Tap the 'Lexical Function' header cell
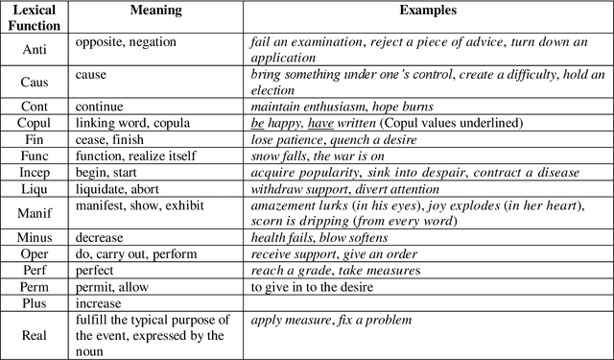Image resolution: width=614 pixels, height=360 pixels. point(34,17)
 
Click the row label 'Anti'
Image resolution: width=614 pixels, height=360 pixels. point(34,50)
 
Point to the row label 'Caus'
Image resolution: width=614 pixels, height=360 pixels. point(34,82)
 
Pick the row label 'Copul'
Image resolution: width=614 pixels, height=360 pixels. point(34,123)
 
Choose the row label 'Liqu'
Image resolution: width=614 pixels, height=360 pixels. point(34,189)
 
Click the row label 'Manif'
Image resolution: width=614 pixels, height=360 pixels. point(34,213)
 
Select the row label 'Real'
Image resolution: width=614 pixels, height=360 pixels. point(34,336)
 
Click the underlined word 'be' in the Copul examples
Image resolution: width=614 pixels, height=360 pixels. point(257,123)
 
